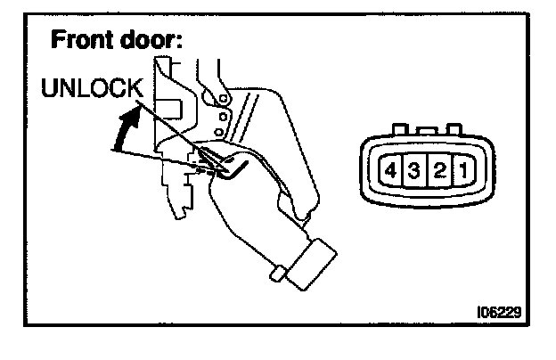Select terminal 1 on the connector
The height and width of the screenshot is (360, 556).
[x=462, y=170]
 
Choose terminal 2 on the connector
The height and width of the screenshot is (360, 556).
[x=438, y=170]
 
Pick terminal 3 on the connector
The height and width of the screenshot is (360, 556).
[x=414, y=170]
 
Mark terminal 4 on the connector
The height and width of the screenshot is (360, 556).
[x=390, y=170]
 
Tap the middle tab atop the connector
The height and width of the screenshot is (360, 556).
[x=426, y=130]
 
